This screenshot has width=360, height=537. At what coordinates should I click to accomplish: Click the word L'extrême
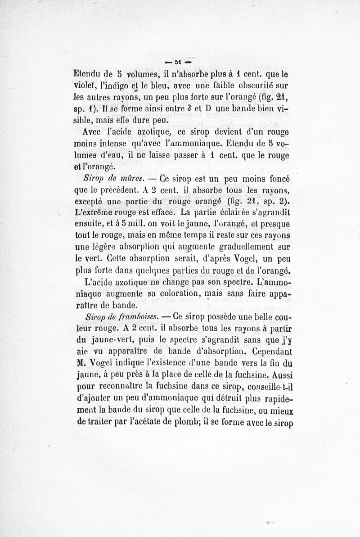coord(92,212)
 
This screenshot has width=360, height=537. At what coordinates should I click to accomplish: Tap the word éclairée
coord(240,212)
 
